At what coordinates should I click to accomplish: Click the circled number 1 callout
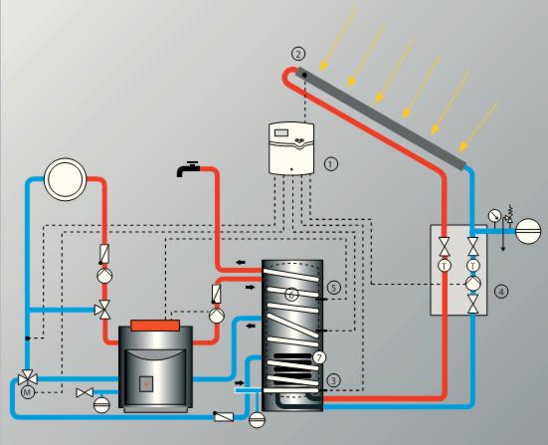[x=331, y=163]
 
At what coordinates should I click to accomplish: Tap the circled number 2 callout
[x=298, y=54]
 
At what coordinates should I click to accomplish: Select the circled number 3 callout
[x=333, y=380]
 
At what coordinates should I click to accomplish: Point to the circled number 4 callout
[x=501, y=292]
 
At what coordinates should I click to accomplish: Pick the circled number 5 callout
[x=333, y=288]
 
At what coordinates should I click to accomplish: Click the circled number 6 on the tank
[x=291, y=295]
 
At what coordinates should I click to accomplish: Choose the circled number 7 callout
[x=318, y=357]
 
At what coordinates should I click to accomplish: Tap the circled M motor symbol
[x=27, y=392]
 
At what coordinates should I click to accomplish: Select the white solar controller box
[x=291, y=148]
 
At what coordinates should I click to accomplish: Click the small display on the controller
[x=281, y=133]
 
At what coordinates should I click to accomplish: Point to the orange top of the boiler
[x=155, y=325]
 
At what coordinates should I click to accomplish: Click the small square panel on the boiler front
[x=146, y=384]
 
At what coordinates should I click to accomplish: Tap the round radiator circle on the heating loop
[x=65, y=179]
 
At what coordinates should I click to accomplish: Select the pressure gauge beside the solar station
[x=494, y=215]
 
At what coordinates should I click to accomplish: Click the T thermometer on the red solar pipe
[x=445, y=266]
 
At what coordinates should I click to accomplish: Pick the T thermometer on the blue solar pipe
[x=472, y=266]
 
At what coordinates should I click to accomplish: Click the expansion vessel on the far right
[x=528, y=231]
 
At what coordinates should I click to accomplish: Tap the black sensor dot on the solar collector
[x=304, y=75]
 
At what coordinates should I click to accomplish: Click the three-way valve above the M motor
[x=28, y=378]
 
